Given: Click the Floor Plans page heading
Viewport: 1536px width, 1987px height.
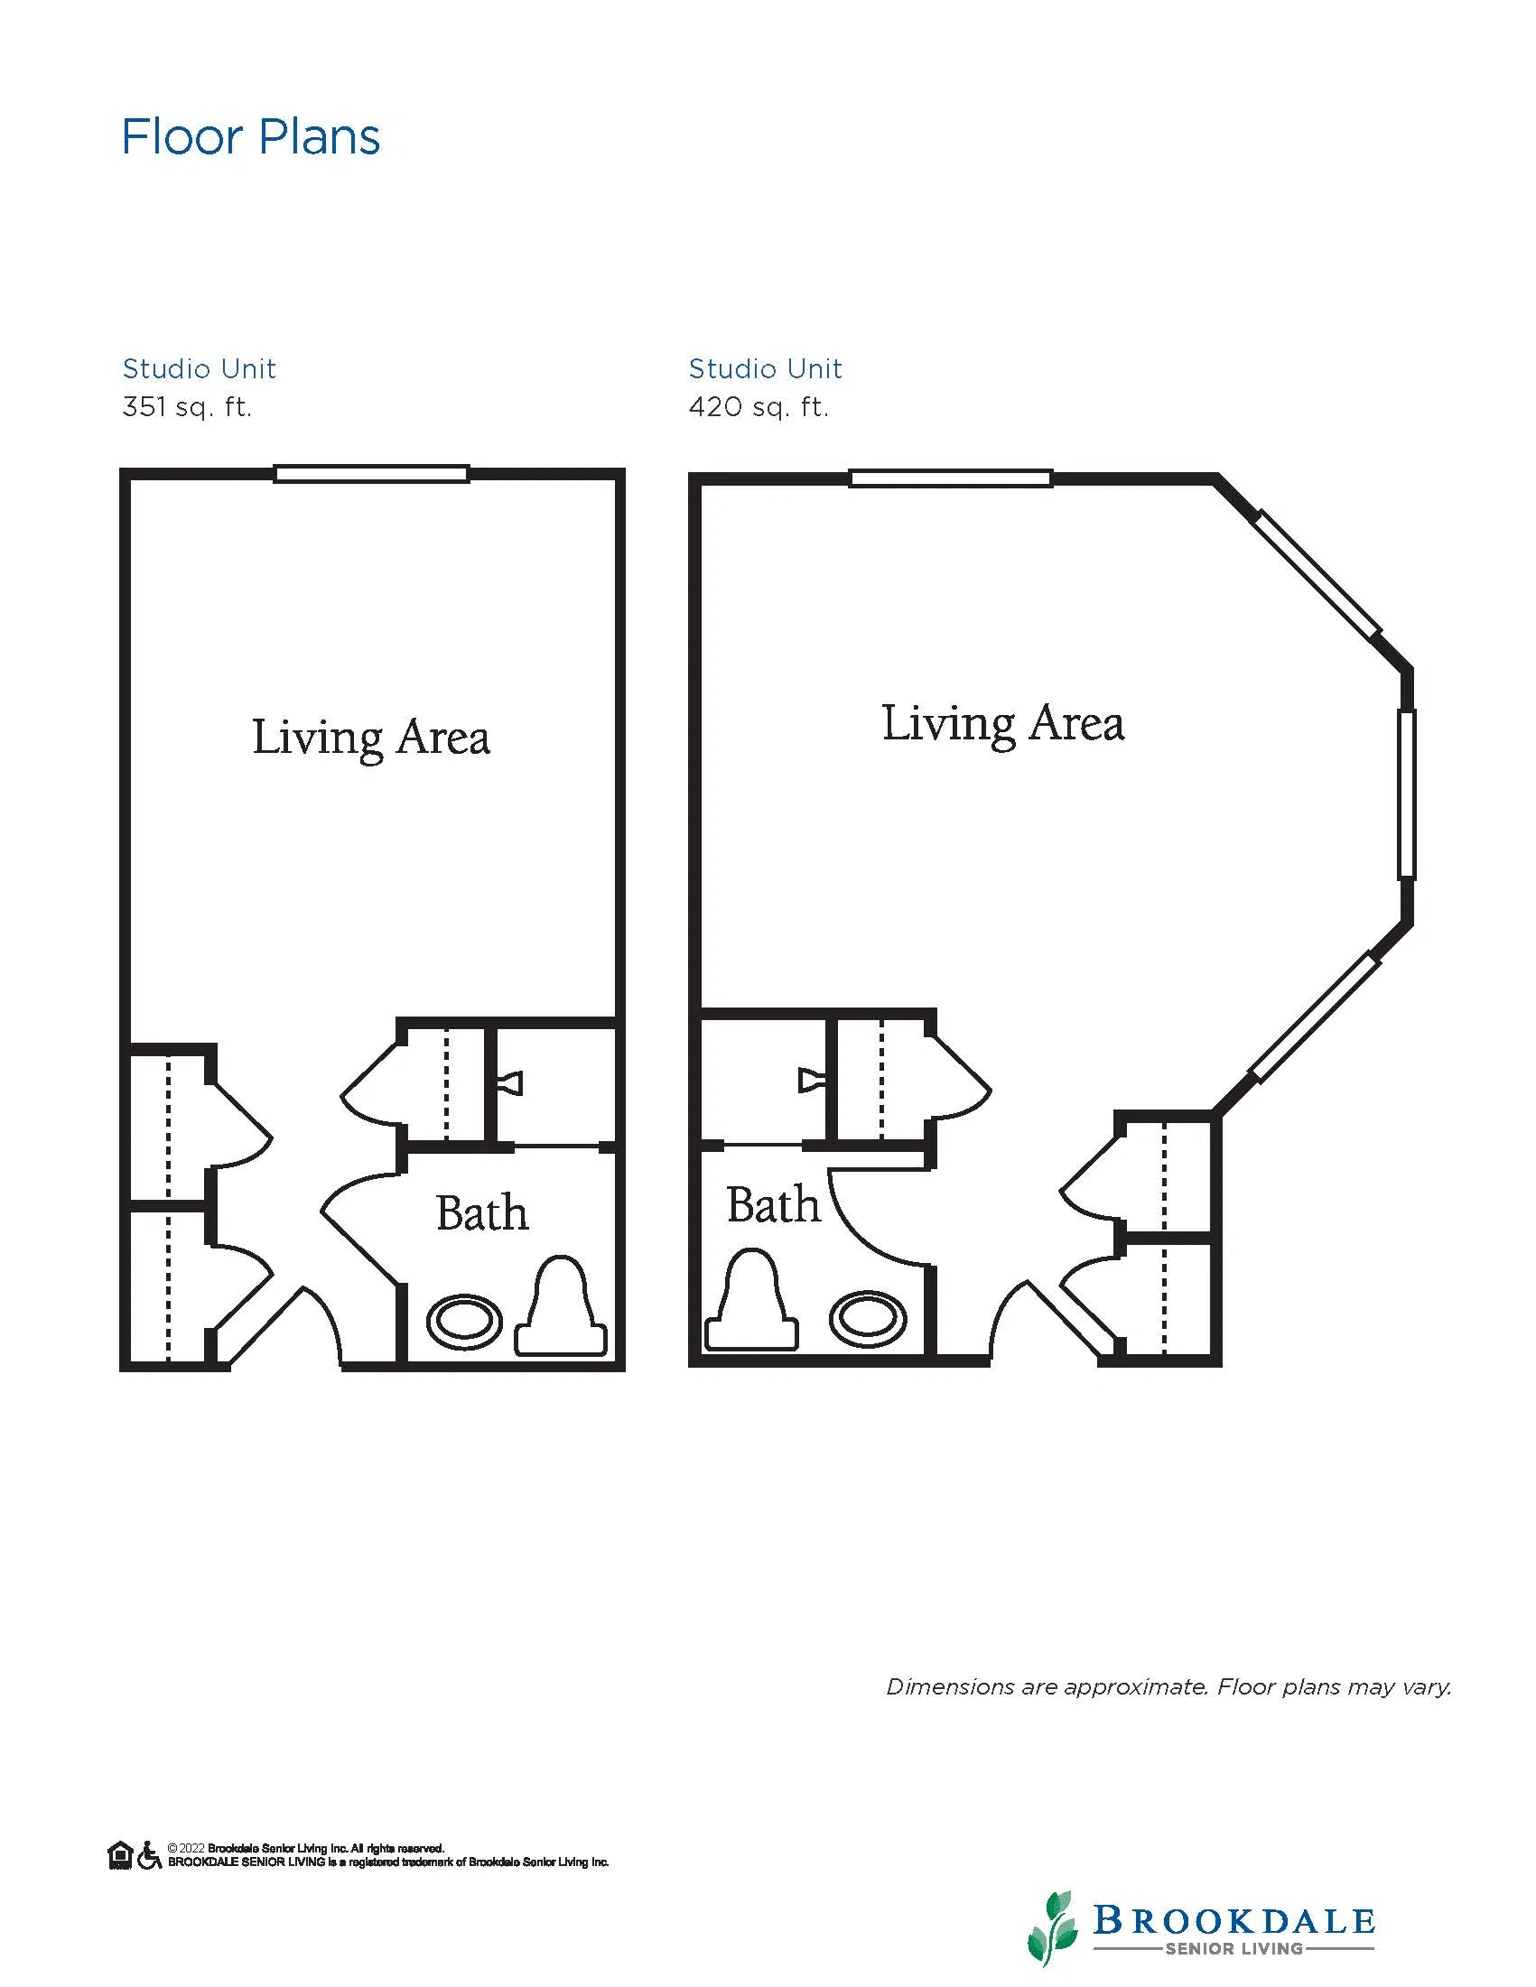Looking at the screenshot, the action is pos(251,137).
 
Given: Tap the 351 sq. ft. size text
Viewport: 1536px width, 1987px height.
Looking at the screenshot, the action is pos(187,406).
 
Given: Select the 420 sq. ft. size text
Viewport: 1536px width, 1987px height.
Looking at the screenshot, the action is pos(759,406).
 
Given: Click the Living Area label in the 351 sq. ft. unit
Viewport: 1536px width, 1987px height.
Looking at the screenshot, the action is pos(370,738).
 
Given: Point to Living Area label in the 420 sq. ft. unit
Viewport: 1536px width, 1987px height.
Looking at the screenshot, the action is pos(1002,725).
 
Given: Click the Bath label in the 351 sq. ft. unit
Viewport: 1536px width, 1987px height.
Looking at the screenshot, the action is pos(482,1212).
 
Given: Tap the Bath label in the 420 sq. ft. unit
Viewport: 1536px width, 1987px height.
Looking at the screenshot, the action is pos(774,1204).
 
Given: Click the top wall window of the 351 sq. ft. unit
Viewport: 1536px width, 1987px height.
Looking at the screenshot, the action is pos(371,473).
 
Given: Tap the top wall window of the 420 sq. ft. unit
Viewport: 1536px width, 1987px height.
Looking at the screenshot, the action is pos(951,478).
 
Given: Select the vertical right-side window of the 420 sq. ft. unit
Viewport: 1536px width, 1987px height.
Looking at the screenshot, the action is pos(1407,794).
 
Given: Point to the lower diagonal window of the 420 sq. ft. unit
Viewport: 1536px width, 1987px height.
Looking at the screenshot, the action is pos(1315,1017).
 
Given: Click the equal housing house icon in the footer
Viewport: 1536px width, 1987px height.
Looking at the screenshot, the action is pos(120,1854).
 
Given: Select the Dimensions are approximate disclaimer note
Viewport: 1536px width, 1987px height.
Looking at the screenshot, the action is pos(1168,1686).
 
